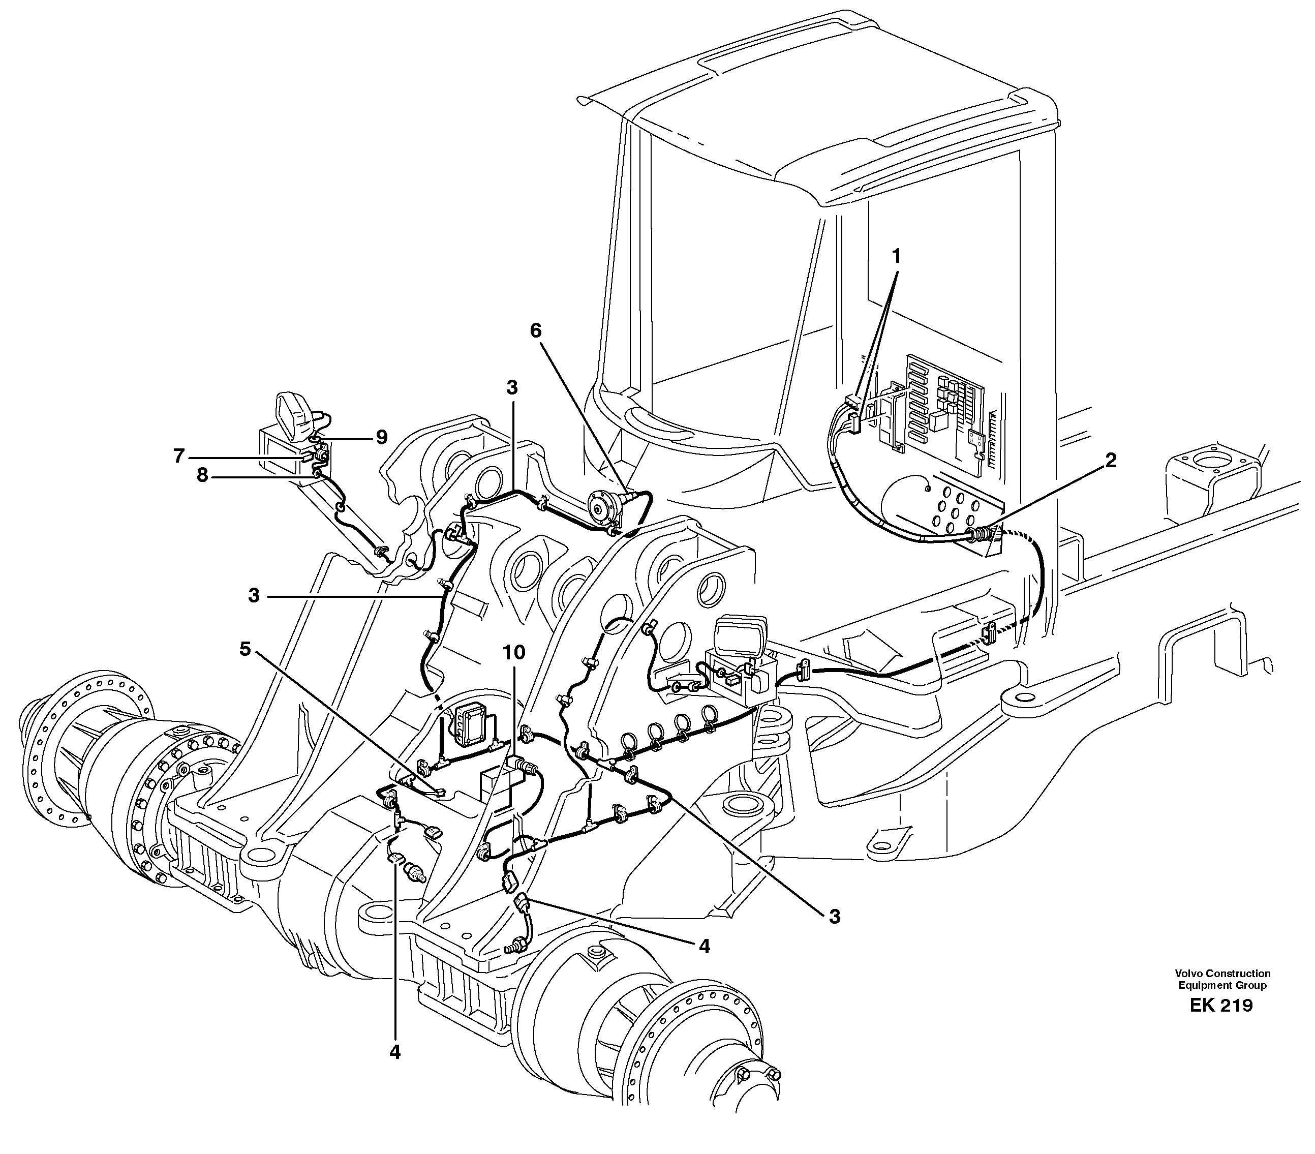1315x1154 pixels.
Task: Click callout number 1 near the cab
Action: pyautogui.click(x=896, y=256)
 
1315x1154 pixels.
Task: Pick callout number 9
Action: pyautogui.click(x=382, y=437)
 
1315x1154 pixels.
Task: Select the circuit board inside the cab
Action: pyautogui.click(x=946, y=412)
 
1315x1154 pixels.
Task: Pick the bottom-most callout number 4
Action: pyautogui.click(x=395, y=1052)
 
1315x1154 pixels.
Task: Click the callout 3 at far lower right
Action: pyautogui.click(x=835, y=917)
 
